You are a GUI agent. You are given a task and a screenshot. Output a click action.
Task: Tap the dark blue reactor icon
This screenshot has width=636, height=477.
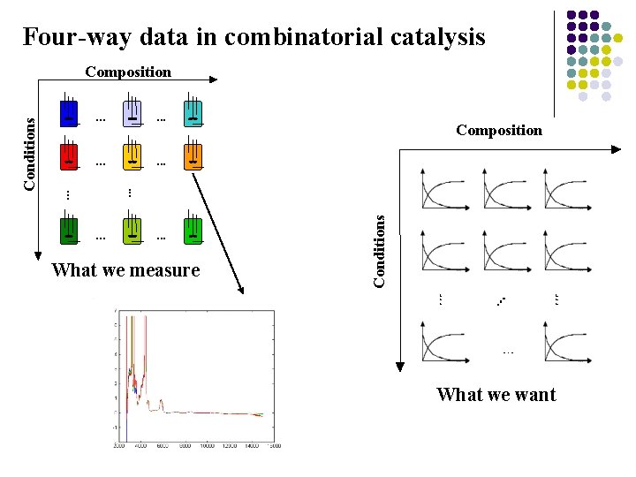click(x=69, y=112)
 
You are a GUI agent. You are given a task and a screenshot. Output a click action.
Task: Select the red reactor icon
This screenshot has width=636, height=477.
click(x=69, y=156)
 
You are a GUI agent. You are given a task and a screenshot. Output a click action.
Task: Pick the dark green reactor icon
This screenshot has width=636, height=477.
click(x=69, y=231)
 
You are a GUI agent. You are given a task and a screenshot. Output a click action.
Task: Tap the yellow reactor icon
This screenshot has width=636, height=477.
click(x=132, y=156)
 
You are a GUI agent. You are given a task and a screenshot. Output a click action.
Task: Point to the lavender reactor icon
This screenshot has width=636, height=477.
click(x=132, y=112)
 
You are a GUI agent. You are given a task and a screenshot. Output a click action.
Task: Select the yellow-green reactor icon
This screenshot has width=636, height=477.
click(x=132, y=231)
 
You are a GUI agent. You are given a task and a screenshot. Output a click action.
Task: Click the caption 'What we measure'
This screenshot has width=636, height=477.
click(x=126, y=270)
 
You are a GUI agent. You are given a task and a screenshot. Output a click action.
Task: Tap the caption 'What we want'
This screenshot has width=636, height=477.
click(x=496, y=395)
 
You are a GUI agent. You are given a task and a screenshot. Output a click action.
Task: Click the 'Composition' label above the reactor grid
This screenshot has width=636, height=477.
click(x=128, y=72)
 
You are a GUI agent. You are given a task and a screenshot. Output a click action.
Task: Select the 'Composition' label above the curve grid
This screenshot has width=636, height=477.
click(x=499, y=131)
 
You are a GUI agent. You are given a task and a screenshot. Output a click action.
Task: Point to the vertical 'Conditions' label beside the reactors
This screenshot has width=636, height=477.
click(x=30, y=155)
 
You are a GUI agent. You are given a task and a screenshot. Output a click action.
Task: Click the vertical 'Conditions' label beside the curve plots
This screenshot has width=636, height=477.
click(x=379, y=251)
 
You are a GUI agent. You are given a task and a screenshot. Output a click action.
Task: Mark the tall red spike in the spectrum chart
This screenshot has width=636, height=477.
click(x=145, y=353)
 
